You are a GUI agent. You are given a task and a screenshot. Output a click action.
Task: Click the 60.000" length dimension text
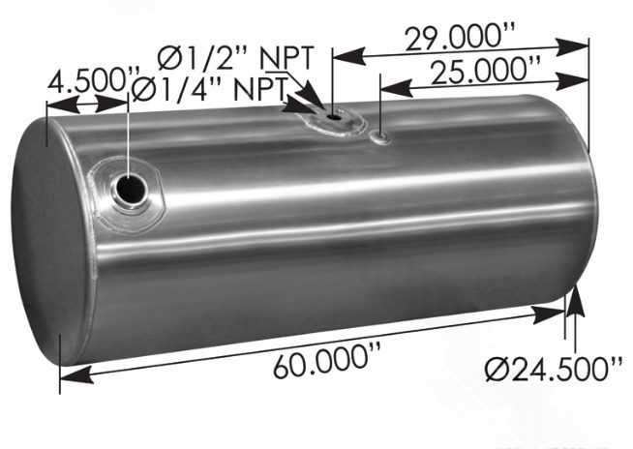point(322,365)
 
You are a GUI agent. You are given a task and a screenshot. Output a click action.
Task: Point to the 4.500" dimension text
point(84,77)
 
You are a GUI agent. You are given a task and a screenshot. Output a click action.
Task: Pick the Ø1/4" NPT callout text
point(206,88)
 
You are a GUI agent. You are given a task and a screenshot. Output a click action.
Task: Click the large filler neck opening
point(128,189)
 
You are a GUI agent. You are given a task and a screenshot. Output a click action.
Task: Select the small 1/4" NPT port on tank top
point(380,136)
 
